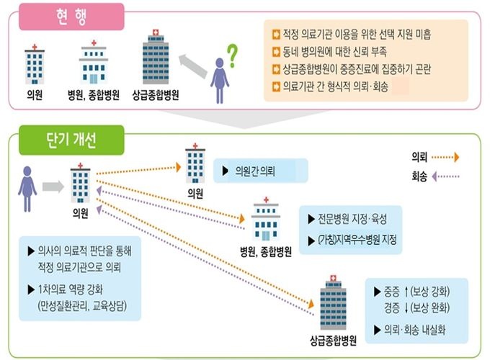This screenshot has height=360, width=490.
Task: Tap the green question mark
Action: [232, 52]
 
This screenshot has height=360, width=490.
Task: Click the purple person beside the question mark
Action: [219, 79]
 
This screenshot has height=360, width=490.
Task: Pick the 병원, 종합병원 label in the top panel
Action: [94, 95]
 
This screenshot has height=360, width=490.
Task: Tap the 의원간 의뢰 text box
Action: [261, 171]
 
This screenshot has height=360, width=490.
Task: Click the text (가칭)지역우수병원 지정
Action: [352, 240]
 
